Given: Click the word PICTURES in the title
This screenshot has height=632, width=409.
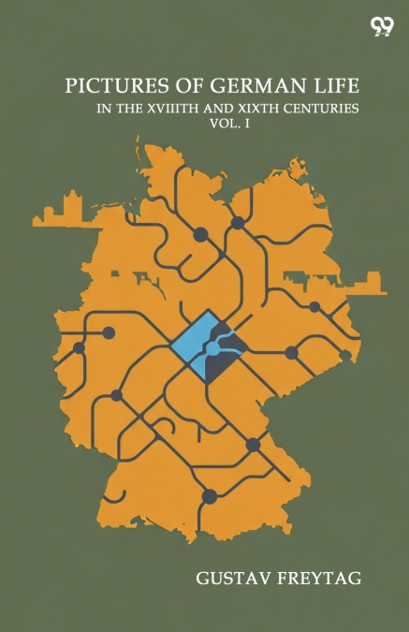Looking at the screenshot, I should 105,85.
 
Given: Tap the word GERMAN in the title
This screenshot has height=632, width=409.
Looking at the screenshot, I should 234,85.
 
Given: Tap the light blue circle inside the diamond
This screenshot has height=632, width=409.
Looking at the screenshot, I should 213,349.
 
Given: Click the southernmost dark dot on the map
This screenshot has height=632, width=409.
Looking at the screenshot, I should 210,496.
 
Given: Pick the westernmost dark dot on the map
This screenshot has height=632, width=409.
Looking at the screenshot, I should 79,347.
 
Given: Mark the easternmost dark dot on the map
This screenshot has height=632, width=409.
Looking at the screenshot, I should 314,307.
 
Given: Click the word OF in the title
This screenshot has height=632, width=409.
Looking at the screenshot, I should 174,85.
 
